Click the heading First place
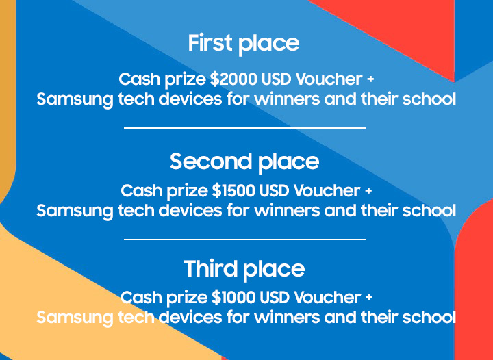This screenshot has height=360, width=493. [x=244, y=44]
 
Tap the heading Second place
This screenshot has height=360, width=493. [x=244, y=162]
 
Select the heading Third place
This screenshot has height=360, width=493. [x=244, y=269]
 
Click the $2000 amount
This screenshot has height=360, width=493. [x=233, y=79]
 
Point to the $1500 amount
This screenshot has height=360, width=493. [x=234, y=191]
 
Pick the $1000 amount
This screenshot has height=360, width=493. [x=234, y=297]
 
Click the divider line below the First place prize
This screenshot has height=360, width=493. [x=244, y=128]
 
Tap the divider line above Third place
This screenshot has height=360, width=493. [x=244, y=240]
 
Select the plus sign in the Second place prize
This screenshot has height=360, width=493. [x=368, y=191]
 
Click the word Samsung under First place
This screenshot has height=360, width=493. [x=75, y=100]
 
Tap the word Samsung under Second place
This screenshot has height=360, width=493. [x=75, y=211]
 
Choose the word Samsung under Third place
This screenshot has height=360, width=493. [x=75, y=318]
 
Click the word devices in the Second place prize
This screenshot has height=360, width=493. [x=190, y=210]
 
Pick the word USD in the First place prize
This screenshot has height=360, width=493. [x=277, y=79]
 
